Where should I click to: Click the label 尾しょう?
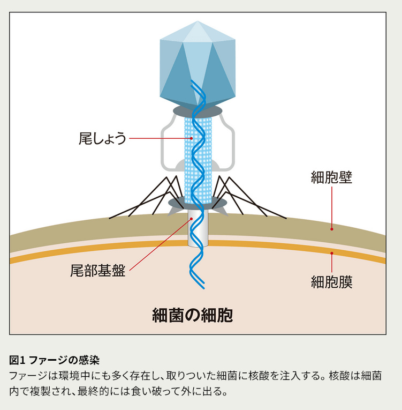coord(102,139)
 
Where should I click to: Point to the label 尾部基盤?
coord(98,271)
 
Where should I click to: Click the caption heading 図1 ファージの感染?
coord(55,360)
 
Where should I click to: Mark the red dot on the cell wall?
coord(332,229)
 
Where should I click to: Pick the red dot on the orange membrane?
coord(332,253)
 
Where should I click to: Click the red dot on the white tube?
coord(191,219)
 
